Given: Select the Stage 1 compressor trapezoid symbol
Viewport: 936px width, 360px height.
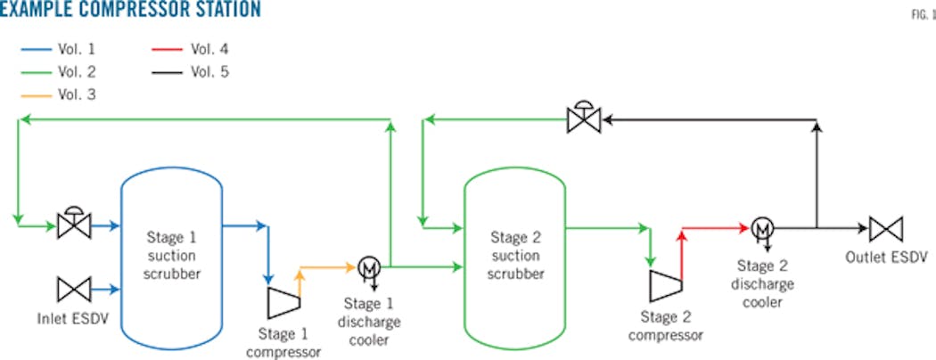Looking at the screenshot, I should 282,302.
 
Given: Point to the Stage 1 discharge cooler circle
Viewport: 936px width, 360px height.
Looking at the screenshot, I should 368,266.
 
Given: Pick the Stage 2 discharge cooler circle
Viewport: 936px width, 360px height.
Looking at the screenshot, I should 761,228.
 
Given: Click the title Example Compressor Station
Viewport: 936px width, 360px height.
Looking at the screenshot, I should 131,11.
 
